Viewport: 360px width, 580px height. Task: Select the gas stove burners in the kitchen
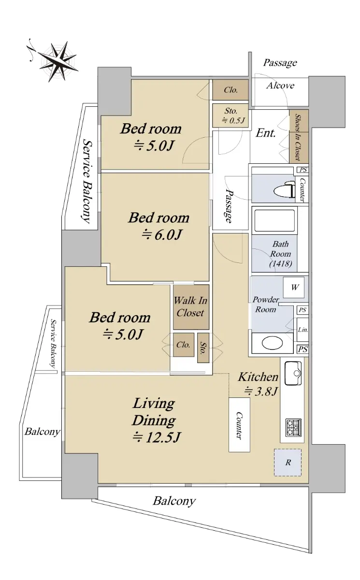(x=293, y=427)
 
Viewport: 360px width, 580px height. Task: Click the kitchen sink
(x=293, y=373)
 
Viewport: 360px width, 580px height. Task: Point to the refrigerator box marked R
(x=288, y=463)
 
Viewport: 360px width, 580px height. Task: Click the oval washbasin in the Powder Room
(x=272, y=343)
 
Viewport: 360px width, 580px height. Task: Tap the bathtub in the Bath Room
(x=274, y=220)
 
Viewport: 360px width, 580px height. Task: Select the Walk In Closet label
(x=190, y=306)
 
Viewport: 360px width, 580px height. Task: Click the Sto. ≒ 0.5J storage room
(x=230, y=116)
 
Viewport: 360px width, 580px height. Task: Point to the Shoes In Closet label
(x=298, y=137)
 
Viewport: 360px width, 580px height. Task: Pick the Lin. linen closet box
(x=302, y=330)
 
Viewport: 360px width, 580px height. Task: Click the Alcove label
(x=280, y=86)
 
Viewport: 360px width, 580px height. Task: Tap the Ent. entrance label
(x=266, y=133)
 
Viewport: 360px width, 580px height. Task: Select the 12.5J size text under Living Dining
(x=156, y=437)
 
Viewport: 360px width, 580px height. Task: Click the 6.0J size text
(x=162, y=234)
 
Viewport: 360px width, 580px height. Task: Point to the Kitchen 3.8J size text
(x=261, y=391)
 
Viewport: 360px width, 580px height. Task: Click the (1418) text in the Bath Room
(x=281, y=263)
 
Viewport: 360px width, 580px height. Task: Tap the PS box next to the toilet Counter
(x=302, y=170)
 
